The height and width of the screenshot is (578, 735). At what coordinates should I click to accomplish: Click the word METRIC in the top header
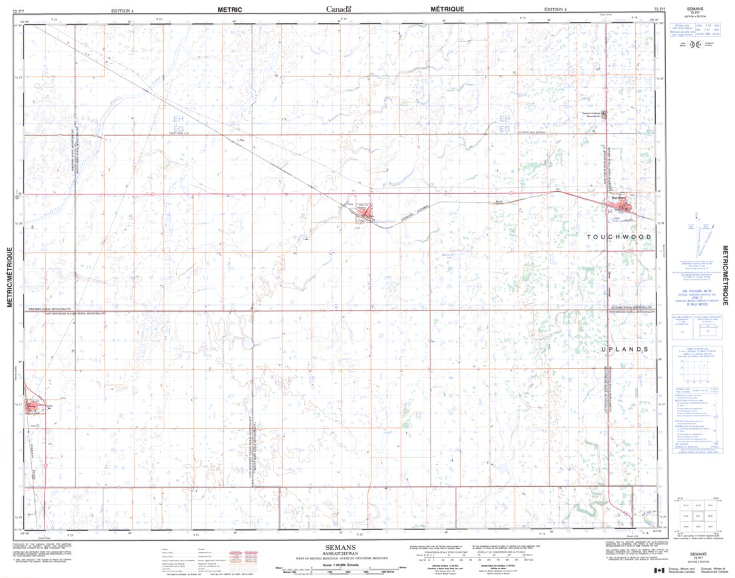230,9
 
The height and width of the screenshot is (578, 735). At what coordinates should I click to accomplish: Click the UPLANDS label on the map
624,349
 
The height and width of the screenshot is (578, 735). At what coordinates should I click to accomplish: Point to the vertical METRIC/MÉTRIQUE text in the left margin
10,277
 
